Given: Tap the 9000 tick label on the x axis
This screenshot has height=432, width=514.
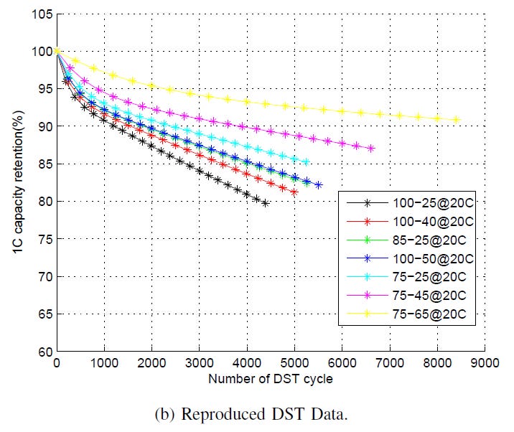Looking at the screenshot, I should pos(483,364).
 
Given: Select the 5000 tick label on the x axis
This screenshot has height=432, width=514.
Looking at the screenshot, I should pos(294,364).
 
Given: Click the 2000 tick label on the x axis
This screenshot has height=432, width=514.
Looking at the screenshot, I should pos(151,364).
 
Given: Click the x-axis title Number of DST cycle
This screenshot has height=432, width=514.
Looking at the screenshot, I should pos(270,377).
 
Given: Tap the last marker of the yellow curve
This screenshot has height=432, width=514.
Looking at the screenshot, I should pos(456,120).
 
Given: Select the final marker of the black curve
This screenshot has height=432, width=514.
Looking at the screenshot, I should pos(266,204).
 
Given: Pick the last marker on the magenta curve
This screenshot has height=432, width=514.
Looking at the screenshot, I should pos(371,149).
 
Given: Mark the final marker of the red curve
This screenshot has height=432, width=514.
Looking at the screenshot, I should pos(294,192).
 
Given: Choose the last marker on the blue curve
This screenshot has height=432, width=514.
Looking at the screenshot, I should pos(318,185).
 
